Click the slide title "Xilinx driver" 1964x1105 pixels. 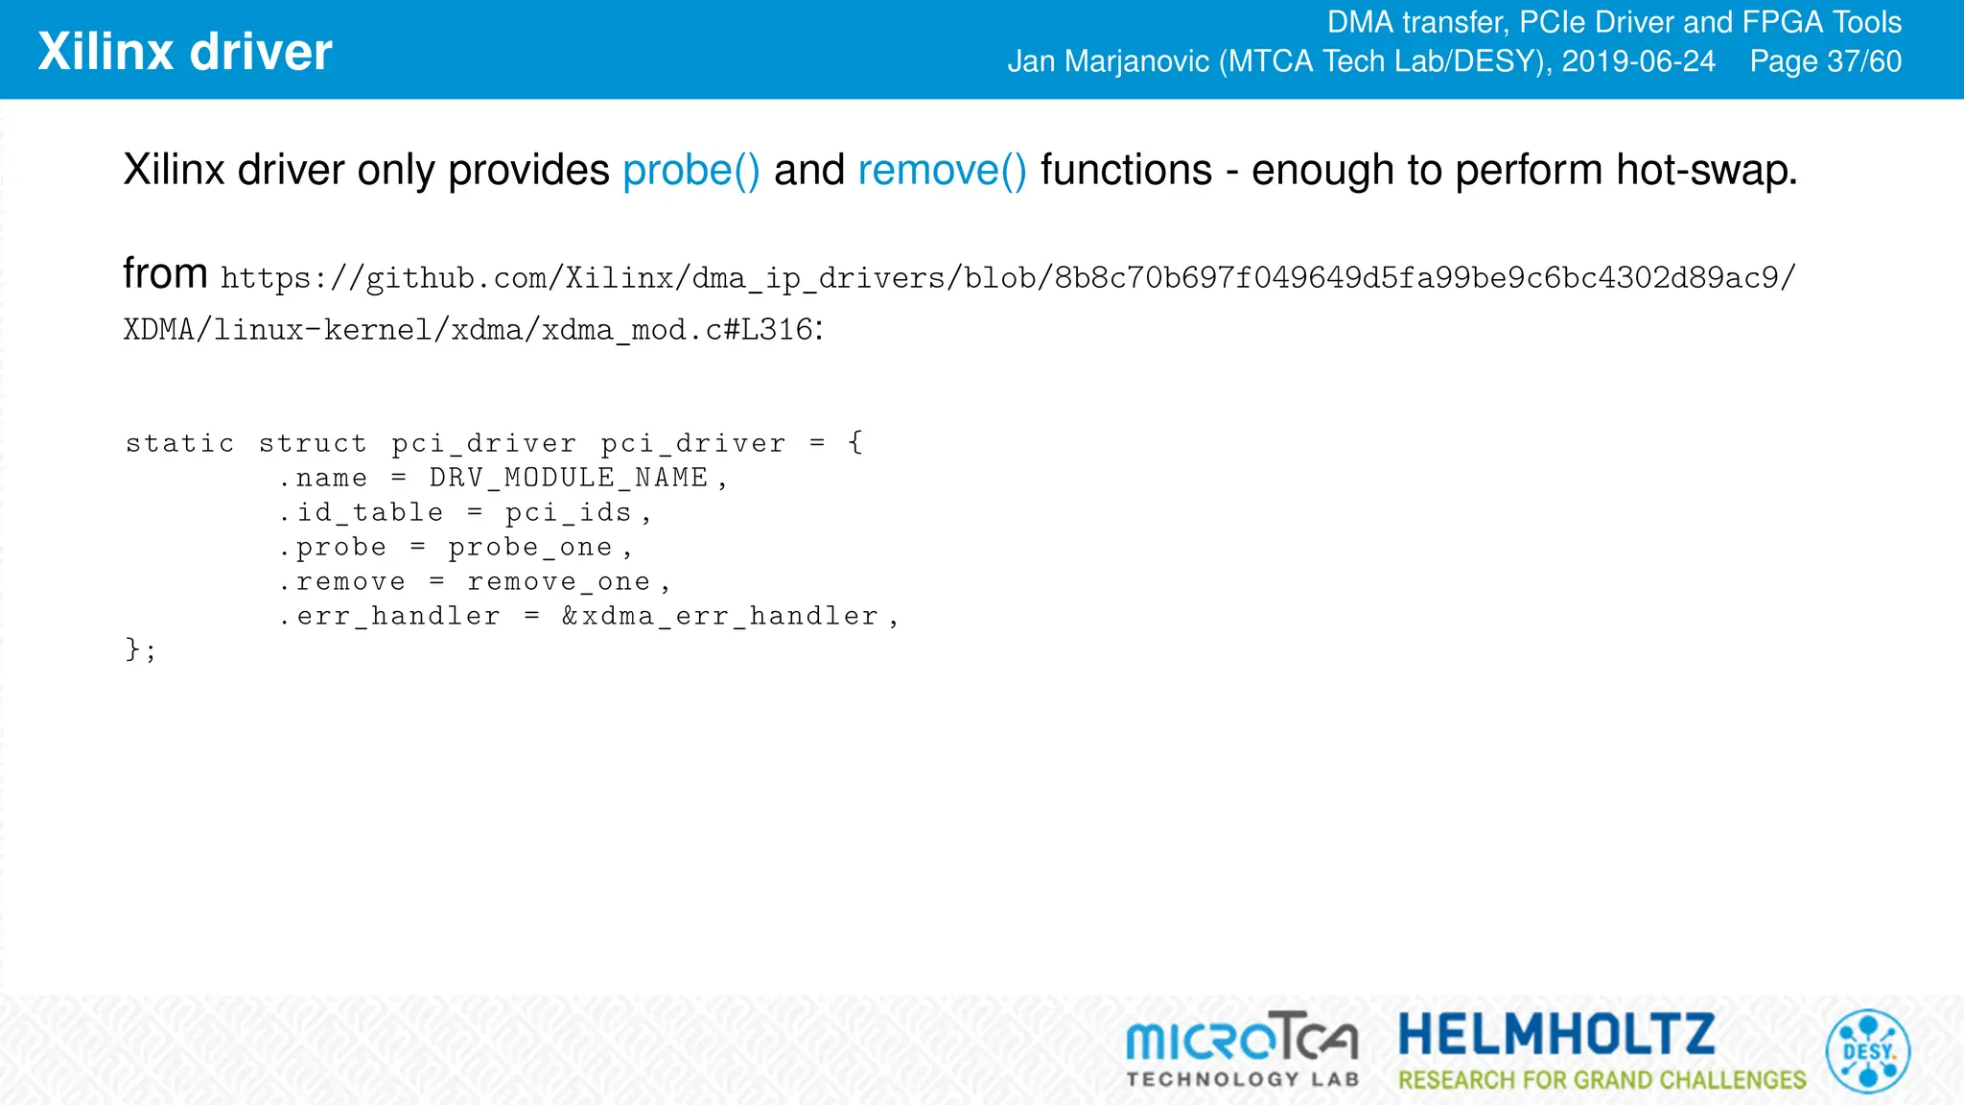pos(185,52)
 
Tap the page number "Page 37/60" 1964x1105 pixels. pos(1825,61)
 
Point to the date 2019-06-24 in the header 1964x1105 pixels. pos(1638,61)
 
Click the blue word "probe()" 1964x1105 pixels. pos(691,171)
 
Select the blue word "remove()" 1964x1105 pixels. pos(942,171)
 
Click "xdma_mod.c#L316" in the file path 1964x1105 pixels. pos(677,330)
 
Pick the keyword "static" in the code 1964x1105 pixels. pos(180,443)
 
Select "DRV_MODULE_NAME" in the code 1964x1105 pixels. pos(569,478)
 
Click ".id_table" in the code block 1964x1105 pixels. pos(361,512)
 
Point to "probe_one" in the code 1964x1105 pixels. pos(530,548)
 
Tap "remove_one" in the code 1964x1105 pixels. pos(559,582)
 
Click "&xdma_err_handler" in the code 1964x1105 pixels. pos(720,617)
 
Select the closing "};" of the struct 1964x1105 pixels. pos(140,650)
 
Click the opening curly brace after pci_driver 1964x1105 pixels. pos(855,442)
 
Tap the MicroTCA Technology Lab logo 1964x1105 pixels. pos(1242,1049)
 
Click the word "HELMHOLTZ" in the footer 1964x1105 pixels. pos(1556,1034)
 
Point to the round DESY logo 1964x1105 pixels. pos(1867,1051)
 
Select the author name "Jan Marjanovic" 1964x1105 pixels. pos(1108,61)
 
